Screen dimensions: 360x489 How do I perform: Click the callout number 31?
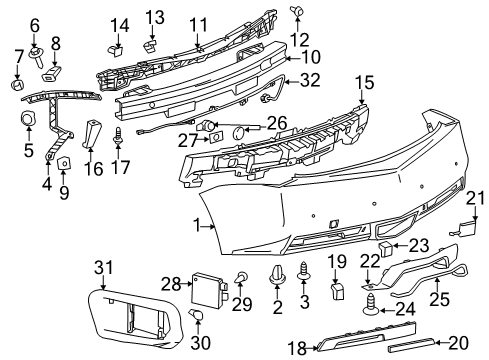pos(100,265)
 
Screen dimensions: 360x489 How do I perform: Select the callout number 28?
pos(170,284)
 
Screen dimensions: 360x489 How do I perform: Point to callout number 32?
pos(311,79)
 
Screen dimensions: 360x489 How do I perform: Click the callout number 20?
pos(459,341)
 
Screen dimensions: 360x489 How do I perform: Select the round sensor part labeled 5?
pos(28,121)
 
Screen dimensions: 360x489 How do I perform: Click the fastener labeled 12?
pos(297,12)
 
